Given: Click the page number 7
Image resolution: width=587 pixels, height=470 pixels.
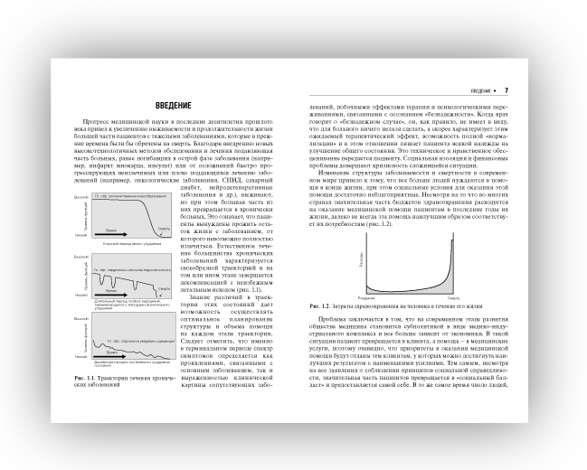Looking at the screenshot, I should [507, 90].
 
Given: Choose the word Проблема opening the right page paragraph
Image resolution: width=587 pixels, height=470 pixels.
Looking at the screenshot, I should [329, 320].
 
